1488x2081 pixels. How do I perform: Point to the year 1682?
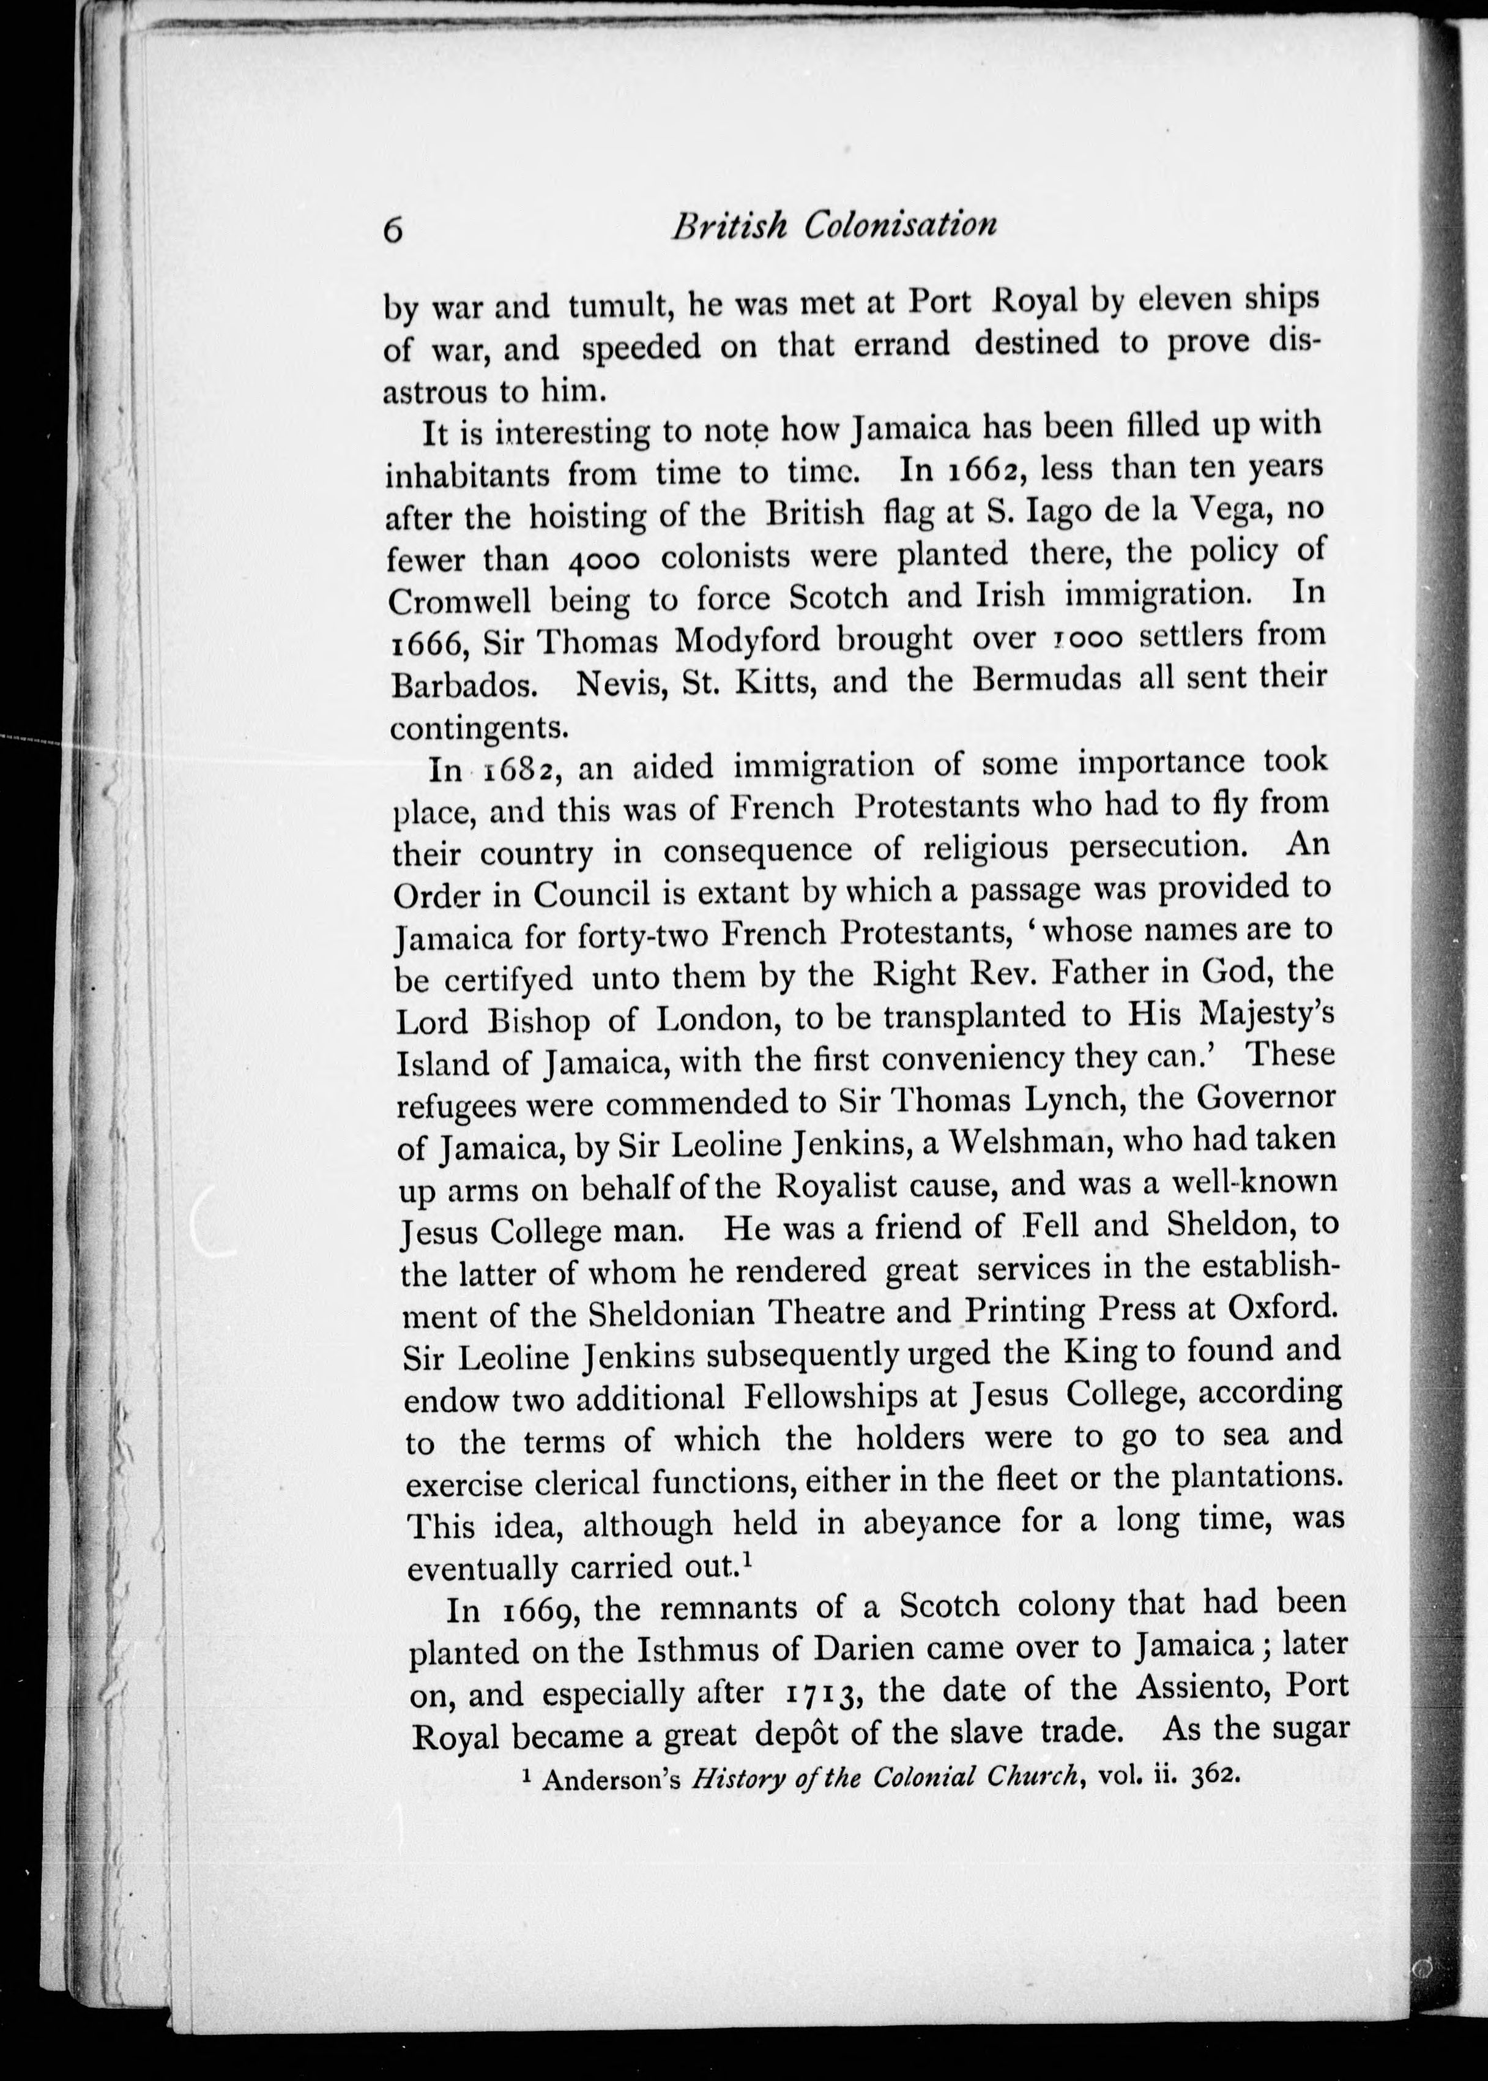(x=516, y=771)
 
